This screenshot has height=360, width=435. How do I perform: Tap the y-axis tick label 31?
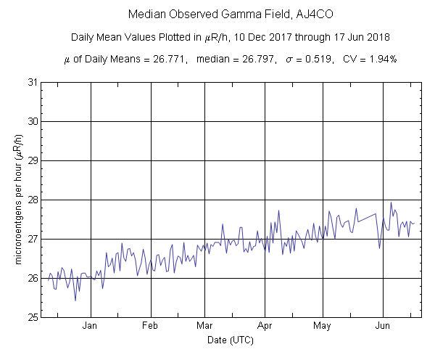tap(33, 81)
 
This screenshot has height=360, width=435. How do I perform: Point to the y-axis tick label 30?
tap(33, 120)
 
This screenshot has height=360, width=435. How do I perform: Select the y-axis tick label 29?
tap(33, 160)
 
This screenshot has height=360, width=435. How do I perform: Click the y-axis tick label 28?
tap(33, 200)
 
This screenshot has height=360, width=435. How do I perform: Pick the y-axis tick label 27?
tap(33, 239)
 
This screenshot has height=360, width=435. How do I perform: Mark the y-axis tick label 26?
tap(33, 278)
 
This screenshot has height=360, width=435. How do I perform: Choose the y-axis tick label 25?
tap(33, 317)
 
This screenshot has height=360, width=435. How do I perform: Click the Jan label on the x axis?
tap(91, 326)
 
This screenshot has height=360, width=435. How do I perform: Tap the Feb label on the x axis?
tap(150, 326)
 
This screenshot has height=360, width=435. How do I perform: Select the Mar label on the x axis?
tap(204, 326)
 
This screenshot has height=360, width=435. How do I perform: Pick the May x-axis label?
tap(323, 326)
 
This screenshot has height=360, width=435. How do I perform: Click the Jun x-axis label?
tap(383, 326)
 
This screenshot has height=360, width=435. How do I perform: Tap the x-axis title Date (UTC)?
tap(230, 339)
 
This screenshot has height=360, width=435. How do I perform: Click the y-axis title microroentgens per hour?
tap(17, 200)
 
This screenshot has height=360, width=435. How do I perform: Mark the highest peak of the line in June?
tap(391, 202)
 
